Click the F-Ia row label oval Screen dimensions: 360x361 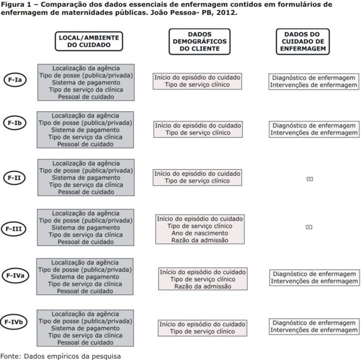pyautogui.click(x=17, y=81)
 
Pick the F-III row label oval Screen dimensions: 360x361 pyautogui.click(x=17, y=228)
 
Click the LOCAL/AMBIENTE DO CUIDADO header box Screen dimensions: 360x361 pyautogui.click(x=89, y=41)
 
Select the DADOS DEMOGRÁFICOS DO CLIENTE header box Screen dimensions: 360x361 pyautogui.click(x=200, y=41)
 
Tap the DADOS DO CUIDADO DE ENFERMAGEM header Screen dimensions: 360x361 pyautogui.click(x=303, y=41)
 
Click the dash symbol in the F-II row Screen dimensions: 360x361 pyautogui.click(x=309, y=179)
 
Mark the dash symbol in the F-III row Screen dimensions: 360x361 pyautogui.click(x=309, y=226)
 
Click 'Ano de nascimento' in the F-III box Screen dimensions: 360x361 pyautogui.click(x=200, y=233)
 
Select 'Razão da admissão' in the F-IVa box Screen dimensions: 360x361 pyautogui.click(x=203, y=286)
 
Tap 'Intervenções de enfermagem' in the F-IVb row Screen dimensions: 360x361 pyautogui.click(x=314, y=330)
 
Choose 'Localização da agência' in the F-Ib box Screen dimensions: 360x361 pyautogui.click(x=86, y=116)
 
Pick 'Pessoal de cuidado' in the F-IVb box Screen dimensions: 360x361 pyautogui.click(x=86, y=342)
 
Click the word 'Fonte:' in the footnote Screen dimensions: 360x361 pyautogui.click(x=10, y=355)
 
